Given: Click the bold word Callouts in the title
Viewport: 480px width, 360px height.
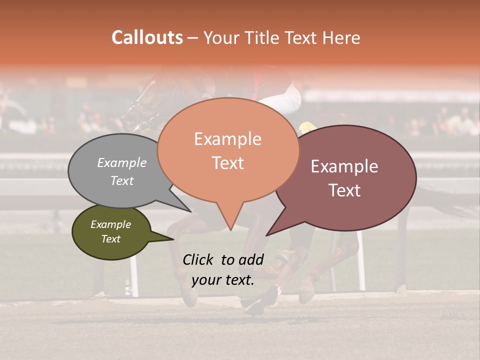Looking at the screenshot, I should tap(147, 37).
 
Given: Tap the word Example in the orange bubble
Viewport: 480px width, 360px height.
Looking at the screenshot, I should tap(227, 139).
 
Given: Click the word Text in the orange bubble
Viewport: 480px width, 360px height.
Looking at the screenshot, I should tap(227, 163).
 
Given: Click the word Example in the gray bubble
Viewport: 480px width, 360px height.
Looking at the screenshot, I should tap(122, 162).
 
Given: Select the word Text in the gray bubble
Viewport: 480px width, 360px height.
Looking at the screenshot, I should tap(122, 180).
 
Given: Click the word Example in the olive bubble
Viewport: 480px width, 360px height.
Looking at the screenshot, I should tap(110, 224).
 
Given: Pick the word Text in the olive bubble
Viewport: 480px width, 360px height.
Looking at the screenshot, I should tap(110, 239).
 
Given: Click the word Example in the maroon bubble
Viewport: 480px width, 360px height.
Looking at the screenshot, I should tap(344, 166).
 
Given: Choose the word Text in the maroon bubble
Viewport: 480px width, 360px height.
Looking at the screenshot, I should tap(344, 190).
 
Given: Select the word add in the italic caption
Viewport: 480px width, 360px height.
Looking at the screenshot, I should tap(251, 259).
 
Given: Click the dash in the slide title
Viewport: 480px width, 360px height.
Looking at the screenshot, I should tap(192, 37).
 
